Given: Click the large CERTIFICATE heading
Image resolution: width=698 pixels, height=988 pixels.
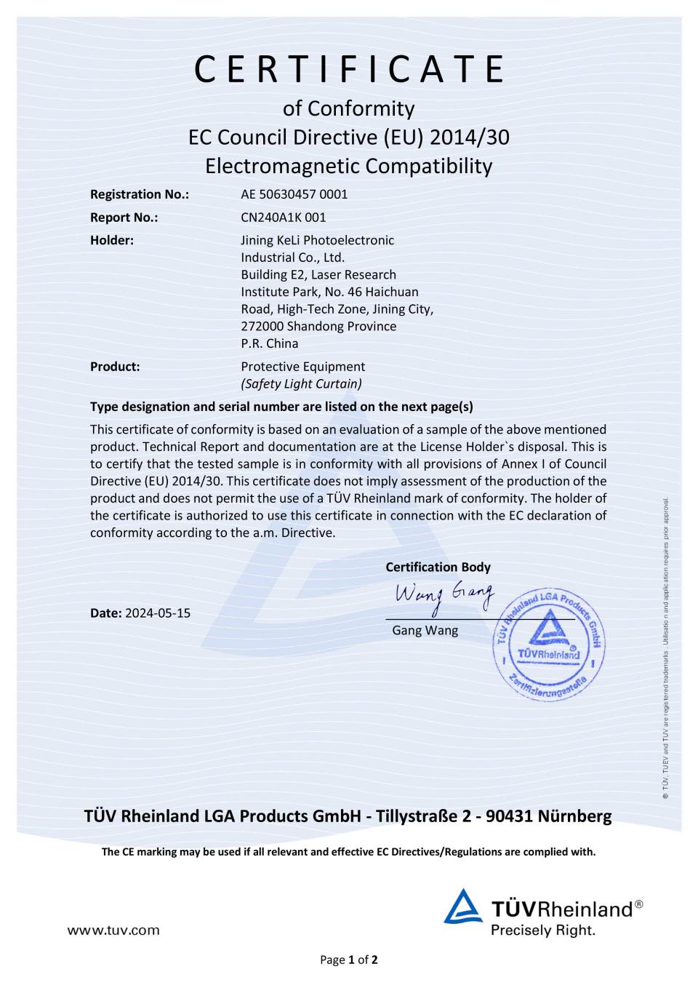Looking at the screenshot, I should (x=349, y=69).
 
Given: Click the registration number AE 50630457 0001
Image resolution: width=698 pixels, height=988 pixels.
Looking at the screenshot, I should (x=294, y=194).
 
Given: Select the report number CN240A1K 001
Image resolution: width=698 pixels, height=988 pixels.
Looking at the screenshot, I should (x=284, y=218).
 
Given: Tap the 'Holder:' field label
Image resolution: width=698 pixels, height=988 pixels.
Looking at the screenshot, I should (x=112, y=240).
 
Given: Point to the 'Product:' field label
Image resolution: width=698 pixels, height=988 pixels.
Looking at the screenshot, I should (x=115, y=367).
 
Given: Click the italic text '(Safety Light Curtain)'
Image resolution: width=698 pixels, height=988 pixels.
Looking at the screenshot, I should (x=301, y=384).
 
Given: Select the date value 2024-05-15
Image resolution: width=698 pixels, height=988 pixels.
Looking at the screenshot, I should (x=158, y=613).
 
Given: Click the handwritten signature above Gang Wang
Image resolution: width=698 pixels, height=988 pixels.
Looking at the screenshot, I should (x=444, y=596).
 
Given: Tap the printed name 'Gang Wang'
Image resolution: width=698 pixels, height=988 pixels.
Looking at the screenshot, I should (x=425, y=630).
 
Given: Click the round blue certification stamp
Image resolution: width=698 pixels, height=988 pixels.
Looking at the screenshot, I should (x=549, y=645).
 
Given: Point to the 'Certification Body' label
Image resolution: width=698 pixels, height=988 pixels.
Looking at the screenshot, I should (x=438, y=567).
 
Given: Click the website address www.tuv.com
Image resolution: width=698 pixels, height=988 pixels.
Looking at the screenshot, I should (x=113, y=930).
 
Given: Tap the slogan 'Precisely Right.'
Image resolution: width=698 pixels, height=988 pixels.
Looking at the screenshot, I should (x=543, y=930).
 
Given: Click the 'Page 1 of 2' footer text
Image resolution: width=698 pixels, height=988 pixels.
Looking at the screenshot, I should (x=349, y=960).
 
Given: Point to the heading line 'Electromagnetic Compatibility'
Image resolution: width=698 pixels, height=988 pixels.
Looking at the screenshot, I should (x=349, y=166).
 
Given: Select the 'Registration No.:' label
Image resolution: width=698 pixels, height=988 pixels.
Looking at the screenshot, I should (x=140, y=194).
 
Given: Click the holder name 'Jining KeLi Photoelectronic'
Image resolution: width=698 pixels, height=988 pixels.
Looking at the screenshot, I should (x=318, y=240).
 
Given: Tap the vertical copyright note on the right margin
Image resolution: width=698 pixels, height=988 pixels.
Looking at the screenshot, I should (x=665, y=648).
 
